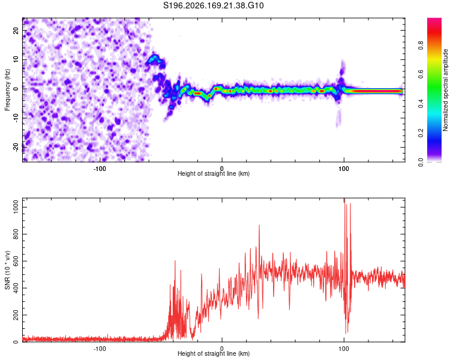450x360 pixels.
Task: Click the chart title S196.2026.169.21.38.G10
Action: [213, 5]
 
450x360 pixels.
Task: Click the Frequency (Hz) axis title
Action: [7, 90]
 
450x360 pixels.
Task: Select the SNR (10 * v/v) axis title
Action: [7, 270]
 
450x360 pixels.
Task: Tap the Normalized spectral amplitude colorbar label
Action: [445, 90]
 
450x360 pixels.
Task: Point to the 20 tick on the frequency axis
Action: [16, 31]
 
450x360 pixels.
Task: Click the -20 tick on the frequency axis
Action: [16, 147]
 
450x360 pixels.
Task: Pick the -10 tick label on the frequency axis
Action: [16, 118]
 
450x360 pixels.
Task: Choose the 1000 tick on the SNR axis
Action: [16, 207]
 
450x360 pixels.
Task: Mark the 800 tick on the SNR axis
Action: [16, 234]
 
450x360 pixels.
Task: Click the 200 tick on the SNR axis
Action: [16, 315]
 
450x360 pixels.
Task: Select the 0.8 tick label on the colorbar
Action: [421, 46]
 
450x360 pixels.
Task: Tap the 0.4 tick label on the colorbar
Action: [421, 104]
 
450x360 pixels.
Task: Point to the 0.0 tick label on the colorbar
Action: [421, 162]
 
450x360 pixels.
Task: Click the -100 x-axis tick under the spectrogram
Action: [99, 169]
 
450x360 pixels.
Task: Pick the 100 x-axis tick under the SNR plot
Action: [344, 349]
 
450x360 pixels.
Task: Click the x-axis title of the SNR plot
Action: [214, 353]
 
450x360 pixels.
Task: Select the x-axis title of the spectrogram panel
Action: [214, 173]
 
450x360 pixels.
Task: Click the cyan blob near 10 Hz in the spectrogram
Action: [153, 59]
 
